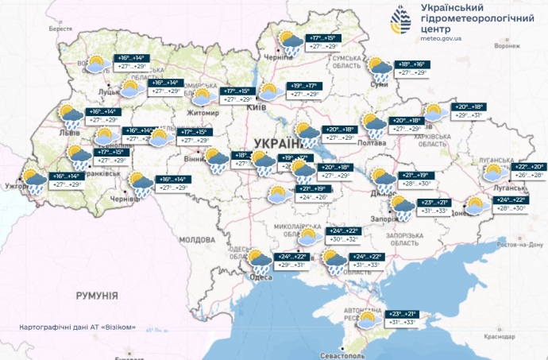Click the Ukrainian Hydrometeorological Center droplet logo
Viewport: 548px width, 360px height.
404,21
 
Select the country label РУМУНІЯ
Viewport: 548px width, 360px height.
98,296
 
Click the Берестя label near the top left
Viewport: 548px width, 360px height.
60,28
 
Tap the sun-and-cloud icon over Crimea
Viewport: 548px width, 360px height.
367,319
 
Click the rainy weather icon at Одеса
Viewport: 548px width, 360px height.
258,261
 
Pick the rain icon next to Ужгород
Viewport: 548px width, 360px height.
34,180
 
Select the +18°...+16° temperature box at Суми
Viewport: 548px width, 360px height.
411,64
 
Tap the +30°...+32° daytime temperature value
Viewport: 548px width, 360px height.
344,238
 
